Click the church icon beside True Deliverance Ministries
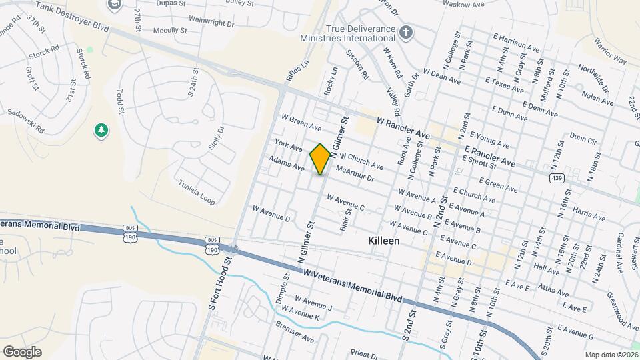click(406, 33)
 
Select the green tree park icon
click(101, 131)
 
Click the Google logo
click(22, 351)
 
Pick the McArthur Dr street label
click(355, 174)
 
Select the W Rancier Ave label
click(403, 128)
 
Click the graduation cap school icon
click(115, 4)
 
